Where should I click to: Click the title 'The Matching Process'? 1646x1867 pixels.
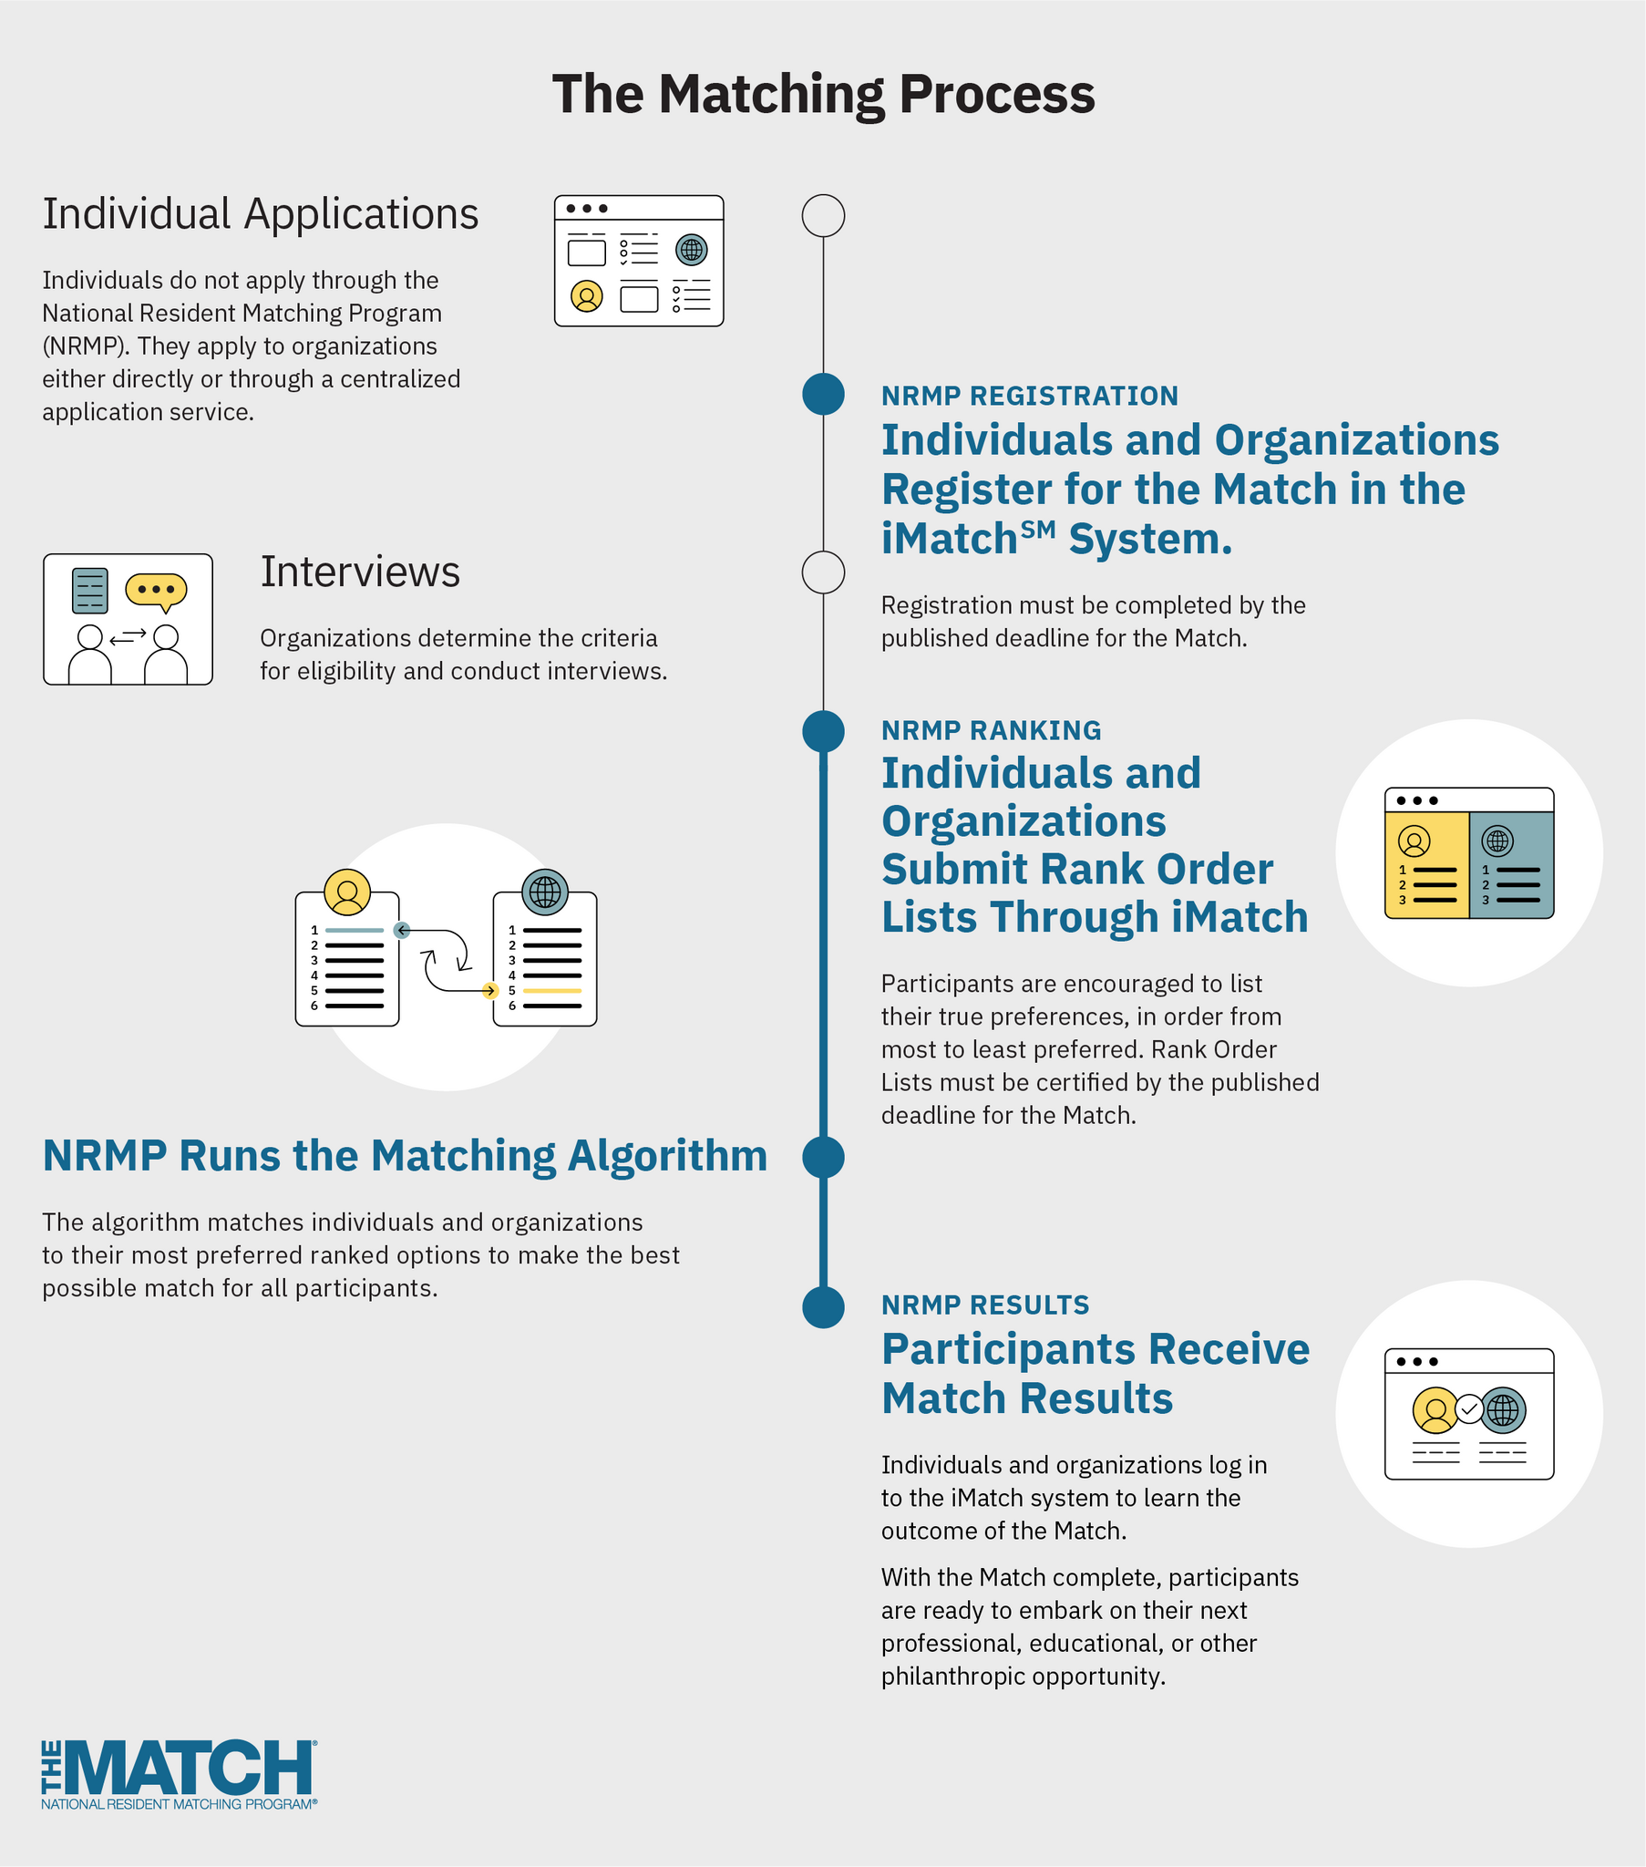[x=823, y=94]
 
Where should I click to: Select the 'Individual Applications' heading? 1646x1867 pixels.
[x=261, y=214]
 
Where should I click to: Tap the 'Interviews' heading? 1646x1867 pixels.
[x=360, y=572]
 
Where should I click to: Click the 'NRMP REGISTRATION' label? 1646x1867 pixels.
[x=1030, y=397]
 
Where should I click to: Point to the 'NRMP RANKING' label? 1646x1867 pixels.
[x=991, y=731]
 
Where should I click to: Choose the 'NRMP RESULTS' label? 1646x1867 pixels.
[x=984, y=1305]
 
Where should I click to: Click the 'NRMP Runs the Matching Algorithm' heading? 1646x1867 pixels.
[x=405, y=1156]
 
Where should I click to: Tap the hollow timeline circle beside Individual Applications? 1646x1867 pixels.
[x=823, y=216]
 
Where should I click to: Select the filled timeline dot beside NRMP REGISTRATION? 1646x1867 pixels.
[x=823, y=395]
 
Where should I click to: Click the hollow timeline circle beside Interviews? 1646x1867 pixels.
[x=823, y=572]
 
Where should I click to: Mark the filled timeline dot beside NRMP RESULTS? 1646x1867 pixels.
[x=823, y=1307]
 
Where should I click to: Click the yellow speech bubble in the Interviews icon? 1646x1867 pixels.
[x=156, y=590]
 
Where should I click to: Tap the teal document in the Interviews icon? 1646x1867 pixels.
[x=89, y=591]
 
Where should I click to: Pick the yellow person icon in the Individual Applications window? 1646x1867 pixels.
[x=586, y=296]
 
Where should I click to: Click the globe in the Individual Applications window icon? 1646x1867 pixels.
[x=692, y=249]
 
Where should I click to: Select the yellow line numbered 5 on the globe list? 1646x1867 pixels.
[x=551, y=991]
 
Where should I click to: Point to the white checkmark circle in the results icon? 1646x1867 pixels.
[x=1469, y=1409]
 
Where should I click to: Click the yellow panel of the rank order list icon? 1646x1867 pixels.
[x=1426, y=864]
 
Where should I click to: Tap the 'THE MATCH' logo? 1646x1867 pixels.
[x=179, y=1775]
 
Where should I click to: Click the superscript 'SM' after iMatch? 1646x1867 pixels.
[x=1040, y=530]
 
